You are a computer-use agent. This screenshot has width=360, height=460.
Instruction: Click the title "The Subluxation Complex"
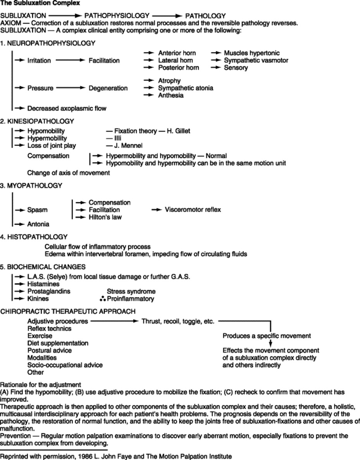[34, 3]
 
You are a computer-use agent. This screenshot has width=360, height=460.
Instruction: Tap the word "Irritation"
[39, 60]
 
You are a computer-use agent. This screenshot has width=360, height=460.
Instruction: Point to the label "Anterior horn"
[177, 53]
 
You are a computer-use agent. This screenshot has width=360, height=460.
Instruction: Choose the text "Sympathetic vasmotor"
[256, 60]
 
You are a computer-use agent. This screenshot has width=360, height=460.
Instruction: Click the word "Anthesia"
[171, 95]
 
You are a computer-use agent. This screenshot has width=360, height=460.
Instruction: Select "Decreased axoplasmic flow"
[67, 109]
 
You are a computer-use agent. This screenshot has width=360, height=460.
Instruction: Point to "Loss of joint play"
[52, 146]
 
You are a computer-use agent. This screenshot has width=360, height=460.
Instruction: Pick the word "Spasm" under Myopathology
[37, 210]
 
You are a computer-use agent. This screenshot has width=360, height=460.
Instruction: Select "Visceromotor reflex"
[193, 210]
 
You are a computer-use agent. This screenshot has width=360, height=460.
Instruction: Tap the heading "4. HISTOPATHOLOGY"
[34, 236]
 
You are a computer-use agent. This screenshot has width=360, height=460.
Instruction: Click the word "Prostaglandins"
[49, 291]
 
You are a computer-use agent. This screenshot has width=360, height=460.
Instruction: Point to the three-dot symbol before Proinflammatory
[102, 299]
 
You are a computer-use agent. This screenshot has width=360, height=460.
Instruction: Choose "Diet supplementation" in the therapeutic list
[58, 343]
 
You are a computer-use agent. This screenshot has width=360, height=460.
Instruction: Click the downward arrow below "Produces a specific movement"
[270, 343]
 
